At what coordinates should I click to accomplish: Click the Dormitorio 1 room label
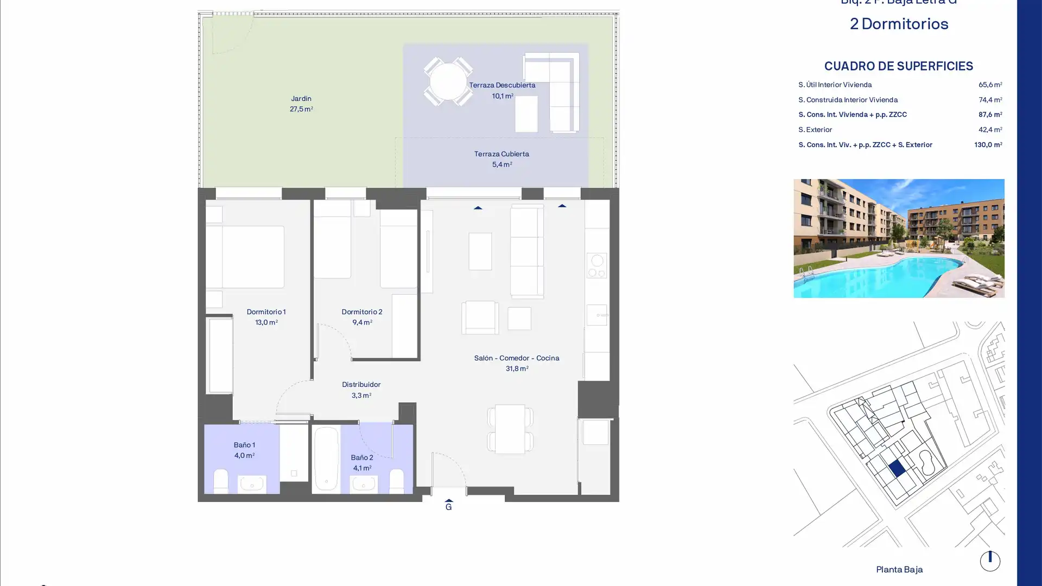coord(266,312)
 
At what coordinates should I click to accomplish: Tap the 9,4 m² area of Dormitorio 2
coord(362,322)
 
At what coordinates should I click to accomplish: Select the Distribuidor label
coord(361,385)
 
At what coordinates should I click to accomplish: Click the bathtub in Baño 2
coord(326,459)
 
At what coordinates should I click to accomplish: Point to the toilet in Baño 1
coord(221,481)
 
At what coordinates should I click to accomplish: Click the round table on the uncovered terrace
coord(448,82)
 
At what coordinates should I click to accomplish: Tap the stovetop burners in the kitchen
coord(596,266)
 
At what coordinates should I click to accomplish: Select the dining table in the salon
coord(510,429)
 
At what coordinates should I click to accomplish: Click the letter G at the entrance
coord(448,507)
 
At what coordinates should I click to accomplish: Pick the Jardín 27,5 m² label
coord(301,104)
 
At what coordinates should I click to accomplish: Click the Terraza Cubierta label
coord(501,154)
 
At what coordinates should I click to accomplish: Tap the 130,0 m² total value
coord(988,145)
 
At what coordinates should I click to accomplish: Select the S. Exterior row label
coord(815,130)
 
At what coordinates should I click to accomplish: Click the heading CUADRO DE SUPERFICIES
coord(898,66)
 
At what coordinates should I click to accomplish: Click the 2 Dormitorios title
coord(899,24)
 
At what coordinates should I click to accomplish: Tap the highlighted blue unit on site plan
coord(897,468)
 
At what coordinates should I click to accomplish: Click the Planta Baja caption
coord(899,569)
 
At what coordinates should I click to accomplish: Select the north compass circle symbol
coord(989,561)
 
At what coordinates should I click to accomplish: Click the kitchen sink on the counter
coord(596,315)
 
